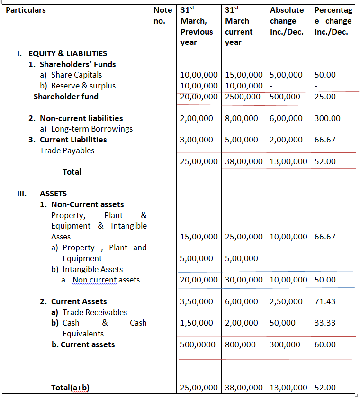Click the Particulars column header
click(x=26, y=10)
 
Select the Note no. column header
click(x=162, y=15)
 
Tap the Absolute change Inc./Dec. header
click(x=287, y=21)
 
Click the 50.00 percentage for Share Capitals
click(x=324, y=75)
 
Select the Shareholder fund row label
click(x=66, y=97)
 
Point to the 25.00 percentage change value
click(x=324, y=97)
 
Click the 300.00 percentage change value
click(x=327, y=118)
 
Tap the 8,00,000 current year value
click(x=242, y=118)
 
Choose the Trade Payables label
click(x=67, y=150)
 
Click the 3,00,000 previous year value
click(x=197, y=140)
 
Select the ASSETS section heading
click(x=53, y=194)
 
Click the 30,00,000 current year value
click(x=243, y=280)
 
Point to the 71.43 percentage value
click(x=324, y=301)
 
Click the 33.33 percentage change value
click(x=324, y=323)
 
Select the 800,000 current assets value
click(x=240, y=344)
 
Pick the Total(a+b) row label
click(x=71, y=388)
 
